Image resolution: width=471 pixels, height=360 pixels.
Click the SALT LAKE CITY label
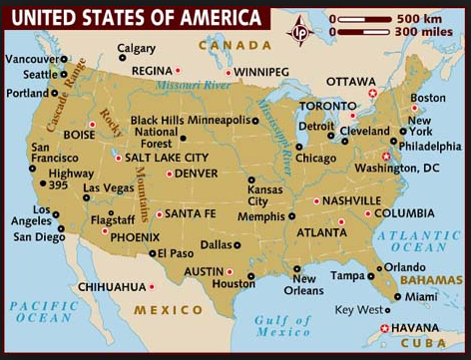167,158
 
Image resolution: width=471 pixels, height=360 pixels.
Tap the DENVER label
198,174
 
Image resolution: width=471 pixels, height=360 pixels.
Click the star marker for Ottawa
373,93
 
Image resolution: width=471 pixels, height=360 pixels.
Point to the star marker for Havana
385,328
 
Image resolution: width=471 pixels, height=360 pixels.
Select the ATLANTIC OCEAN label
419,240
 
